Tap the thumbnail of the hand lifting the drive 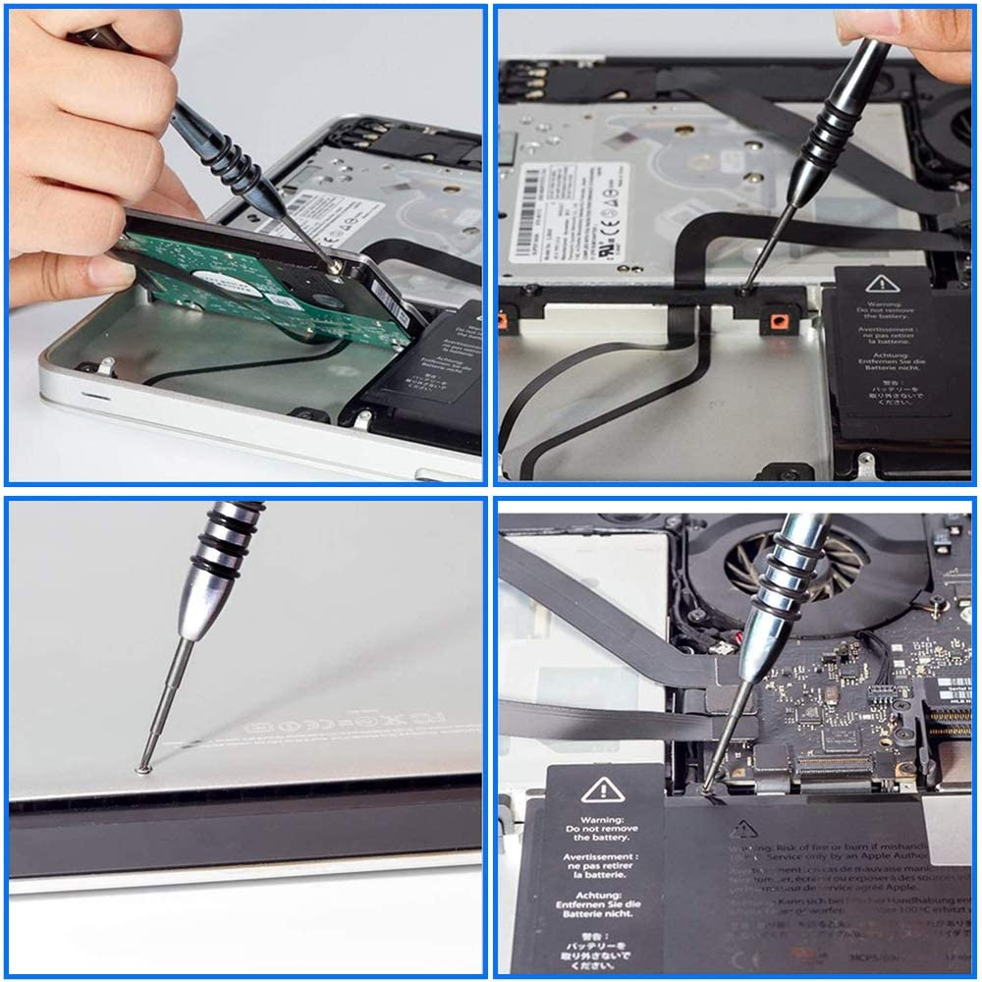pos(245,245)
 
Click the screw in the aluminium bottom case pos(143,769)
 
